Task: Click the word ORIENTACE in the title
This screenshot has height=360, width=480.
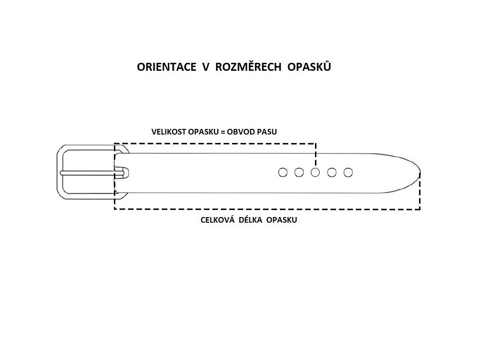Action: tap(166, 67)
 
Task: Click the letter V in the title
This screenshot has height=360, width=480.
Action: tap(205, 67)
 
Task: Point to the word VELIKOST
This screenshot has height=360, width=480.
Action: tap(168, 132)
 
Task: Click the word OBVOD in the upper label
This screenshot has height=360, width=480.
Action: tap(240, 132)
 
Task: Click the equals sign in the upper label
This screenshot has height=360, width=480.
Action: tap(222, 132)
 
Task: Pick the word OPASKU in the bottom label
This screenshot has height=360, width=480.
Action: tap(282, 219)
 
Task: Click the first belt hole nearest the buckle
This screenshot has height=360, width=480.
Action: tap(283, 172)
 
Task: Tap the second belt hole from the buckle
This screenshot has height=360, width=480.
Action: tap(299, 172)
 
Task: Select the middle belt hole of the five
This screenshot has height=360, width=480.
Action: tap(315, 172)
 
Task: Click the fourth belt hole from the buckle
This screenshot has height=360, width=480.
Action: tap(332, 172)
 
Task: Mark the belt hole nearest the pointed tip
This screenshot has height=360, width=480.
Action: tap(348, 172)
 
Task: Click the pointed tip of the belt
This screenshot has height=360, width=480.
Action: tap(419, 172)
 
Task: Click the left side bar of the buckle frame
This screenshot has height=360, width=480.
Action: tap(60, 172)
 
